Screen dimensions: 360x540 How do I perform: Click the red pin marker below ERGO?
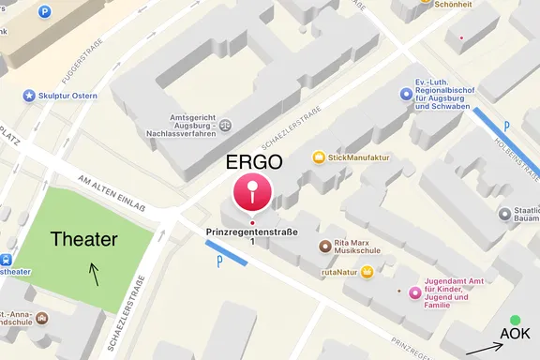251,192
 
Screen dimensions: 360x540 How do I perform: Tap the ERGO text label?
255,161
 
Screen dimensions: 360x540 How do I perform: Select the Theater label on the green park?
84,240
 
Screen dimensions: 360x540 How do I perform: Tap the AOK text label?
515,335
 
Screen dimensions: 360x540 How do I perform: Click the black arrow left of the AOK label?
484,350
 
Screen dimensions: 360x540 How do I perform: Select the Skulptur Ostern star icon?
29,96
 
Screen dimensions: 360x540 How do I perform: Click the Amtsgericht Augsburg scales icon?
224,122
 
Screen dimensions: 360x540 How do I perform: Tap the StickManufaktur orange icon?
319,157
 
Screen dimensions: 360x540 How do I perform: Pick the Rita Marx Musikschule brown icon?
324,247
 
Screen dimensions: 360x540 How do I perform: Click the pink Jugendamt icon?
414,292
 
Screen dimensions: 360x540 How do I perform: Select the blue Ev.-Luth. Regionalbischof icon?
405,93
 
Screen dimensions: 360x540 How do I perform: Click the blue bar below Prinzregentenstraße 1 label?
226,253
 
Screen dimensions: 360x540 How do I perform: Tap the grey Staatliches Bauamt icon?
505,215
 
